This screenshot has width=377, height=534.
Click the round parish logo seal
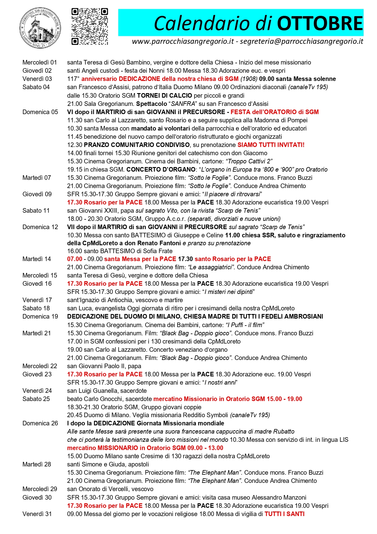pyautogui.click(x=40, y=28)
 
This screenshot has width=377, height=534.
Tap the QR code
pyautogui.click(x=90, y=27)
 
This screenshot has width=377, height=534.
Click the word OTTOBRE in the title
pyautogui.click(x=320, y=23)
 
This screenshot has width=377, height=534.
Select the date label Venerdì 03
pyautogui.click(x=37, y=79)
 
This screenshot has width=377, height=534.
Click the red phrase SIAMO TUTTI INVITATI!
pyautogui.click(x=271, y=145)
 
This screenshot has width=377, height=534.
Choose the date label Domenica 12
pyautogui.click(x=40, y=227)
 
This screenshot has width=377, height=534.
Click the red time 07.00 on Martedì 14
pyautogui.click(x=75, y=259)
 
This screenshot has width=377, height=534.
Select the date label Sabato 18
pyautogui.click(x=36, y=308)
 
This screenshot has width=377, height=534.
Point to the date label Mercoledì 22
pyautogui.click(x=40, y=366)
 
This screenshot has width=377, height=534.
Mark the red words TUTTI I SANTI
pyautogui.click(x=284, y=514)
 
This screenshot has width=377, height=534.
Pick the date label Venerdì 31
pyautogui.click(x=37, y=514)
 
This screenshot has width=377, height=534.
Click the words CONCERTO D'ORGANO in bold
pyautogui.click(x=161, y=169)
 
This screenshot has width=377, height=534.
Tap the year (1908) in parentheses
pyautogui.click(x=249, y=79)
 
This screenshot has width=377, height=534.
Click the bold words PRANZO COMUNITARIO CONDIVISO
pyautogui.click(x=137, y=145)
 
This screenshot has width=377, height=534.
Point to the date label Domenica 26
pyautogui.click(x=40, y=423)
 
